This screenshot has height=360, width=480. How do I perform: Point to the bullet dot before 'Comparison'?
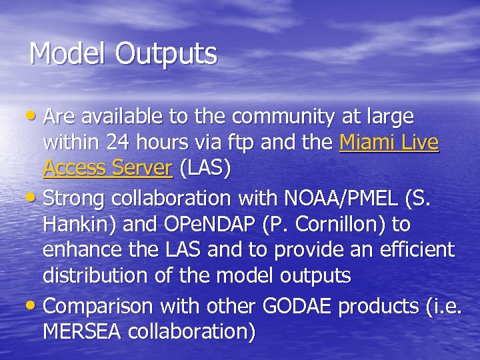pos(34,306)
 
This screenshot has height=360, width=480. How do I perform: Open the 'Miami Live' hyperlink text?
pos(389,143)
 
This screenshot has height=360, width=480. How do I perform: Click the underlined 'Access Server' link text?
pos(107,169)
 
